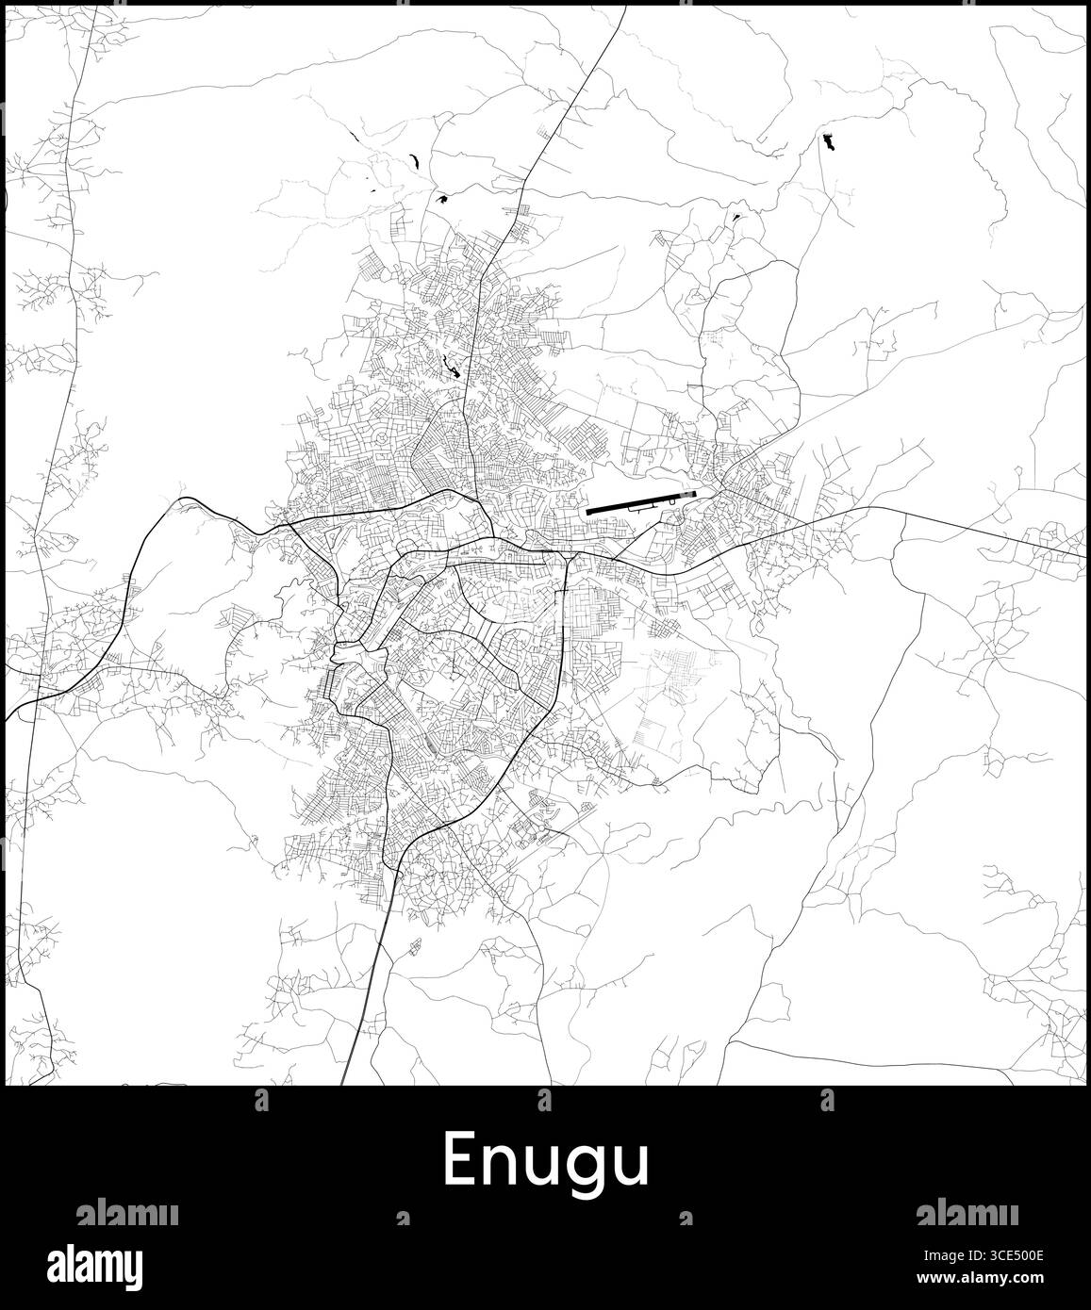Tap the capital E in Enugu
459,1159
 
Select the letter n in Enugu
501,1166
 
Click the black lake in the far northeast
828,142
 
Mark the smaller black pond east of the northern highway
735,218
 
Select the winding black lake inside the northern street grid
453,367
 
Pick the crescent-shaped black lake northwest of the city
413,160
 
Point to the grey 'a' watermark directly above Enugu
544,1099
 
